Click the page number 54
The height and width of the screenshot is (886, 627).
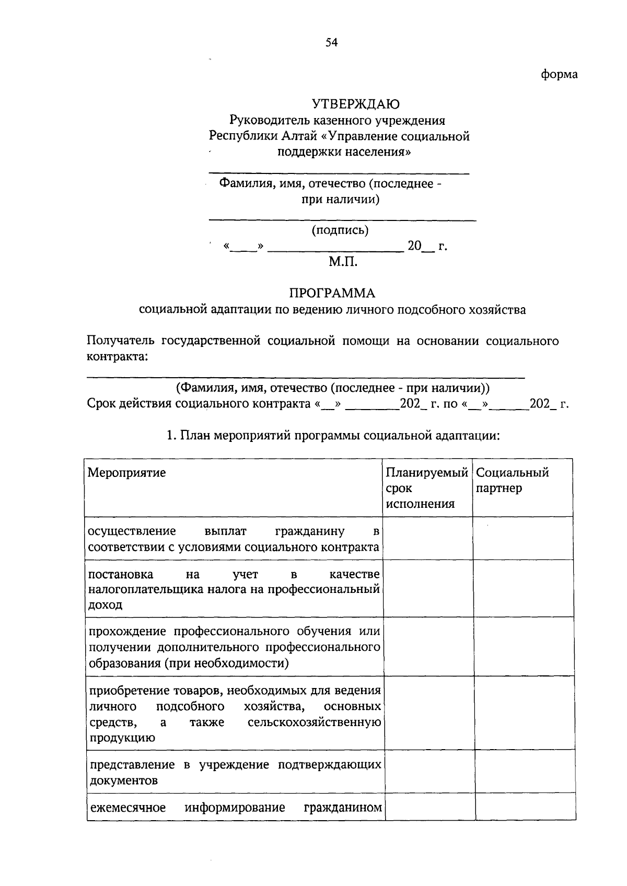click(x=332, y=43)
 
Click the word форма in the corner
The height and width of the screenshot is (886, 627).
click(x=559, y=74)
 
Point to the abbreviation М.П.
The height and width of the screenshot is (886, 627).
click(x=343, y=262)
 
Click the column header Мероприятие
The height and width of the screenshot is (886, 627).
click(x=126, y=473)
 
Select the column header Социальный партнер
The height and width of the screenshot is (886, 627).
click(x=512, y=480)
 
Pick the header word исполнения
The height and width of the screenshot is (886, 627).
click(x=420, y=504)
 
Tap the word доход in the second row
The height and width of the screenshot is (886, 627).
click(x=105, y=605)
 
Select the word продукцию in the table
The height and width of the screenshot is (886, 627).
click(x=122, y=738)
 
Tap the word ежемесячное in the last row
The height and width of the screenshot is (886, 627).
click(x=128, y=808)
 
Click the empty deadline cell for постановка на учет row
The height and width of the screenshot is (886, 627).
click(x=428, y=588)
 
